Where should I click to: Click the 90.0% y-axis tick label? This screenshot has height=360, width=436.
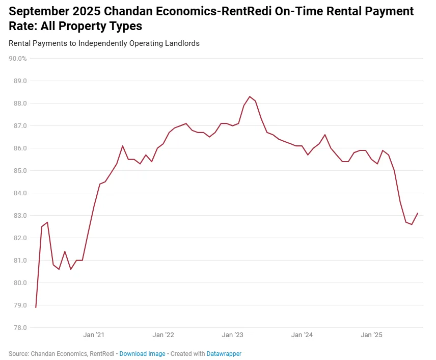click(x=18, y=59)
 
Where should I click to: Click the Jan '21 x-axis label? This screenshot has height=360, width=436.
click(x=94, y=335)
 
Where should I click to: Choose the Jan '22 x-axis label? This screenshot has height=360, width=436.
click(x=163, y=335)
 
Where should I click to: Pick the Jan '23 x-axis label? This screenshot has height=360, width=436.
click(x=233, y=335)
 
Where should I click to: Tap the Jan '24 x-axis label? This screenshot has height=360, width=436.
click(x=302, y=335)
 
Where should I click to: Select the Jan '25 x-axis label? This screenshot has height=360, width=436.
click(x=372, y=335)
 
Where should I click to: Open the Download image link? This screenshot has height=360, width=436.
click(x=142, y=353)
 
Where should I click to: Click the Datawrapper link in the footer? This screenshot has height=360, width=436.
click(x=224, y=353)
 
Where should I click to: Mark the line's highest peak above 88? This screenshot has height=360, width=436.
click(x=250, y=96)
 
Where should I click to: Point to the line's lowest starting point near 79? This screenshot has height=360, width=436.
click(x=36, y=307)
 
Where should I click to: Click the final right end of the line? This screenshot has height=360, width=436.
click(x=418, y=213)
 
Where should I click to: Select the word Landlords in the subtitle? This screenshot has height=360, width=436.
click(x=182, y=43)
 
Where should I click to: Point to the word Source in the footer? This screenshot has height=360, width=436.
click(x=18, y=353)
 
